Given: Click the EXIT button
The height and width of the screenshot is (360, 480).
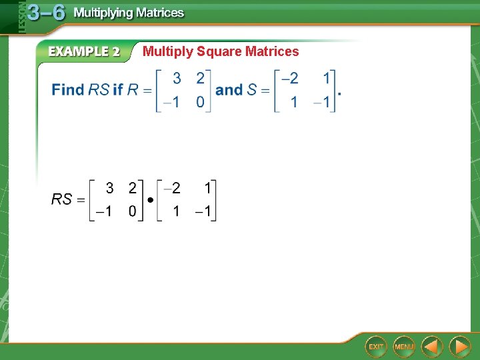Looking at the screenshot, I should (x=376, y=347).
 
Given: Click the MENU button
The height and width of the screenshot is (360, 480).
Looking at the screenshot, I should (x=404, y=347).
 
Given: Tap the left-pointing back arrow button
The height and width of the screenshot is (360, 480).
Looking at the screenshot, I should (x=433, y=347).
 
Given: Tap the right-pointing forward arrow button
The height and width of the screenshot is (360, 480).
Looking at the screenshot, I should (x=459, y=347).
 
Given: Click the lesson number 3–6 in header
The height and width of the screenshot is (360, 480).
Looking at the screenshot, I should (x=46, y=13).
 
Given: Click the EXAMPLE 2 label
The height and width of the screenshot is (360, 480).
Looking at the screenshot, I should (x=83, y=51).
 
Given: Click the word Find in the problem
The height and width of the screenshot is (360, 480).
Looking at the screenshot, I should (x=68, y=90).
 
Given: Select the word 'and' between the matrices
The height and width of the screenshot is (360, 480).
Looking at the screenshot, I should (x=229, y=89).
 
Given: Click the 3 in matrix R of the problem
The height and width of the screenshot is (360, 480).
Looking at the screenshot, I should (x=177, y=79).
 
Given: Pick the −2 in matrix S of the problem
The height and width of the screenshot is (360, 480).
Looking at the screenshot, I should (x=290, y=79).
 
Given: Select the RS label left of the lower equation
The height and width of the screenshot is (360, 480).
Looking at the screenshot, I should (x=62, y=199).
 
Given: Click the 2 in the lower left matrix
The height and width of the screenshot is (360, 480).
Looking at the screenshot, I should (x=133, y=188).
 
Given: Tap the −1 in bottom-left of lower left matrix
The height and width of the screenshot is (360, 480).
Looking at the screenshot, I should (x=103, y=212).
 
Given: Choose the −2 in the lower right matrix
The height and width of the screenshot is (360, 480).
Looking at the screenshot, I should (x=173, y=188).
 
